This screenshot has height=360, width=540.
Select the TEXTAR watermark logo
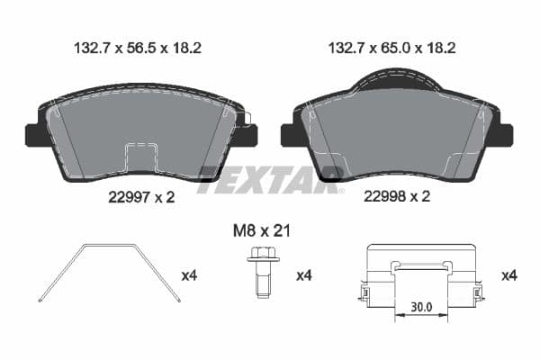coord(270,177)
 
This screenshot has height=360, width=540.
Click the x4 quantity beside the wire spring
coord(190,275)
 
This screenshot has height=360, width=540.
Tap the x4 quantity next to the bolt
coord(306,275)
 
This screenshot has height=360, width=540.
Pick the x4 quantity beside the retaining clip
coord(509,275)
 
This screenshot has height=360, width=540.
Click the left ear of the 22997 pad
coord(33,134)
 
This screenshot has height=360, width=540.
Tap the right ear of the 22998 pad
coord(505,134)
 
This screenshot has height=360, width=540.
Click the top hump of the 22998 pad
coord(397,82)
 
